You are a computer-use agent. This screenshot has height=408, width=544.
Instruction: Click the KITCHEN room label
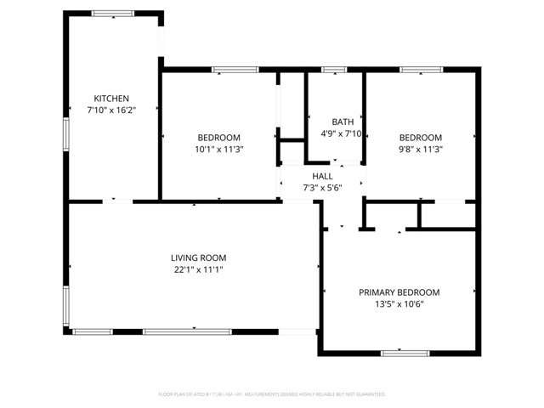tap(111, 99)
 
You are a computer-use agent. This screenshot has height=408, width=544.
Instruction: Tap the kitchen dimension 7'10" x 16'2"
tap(111, 110)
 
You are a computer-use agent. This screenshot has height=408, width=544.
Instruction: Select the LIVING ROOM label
tap(198, 258)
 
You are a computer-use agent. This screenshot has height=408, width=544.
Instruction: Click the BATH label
tap(343, 122)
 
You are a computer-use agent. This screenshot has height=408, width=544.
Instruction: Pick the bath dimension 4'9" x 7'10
tap(343, 133)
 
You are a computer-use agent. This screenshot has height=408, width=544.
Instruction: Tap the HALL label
tap(323, 176)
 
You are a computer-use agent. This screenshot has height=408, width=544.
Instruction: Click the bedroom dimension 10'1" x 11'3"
tap(218, 149)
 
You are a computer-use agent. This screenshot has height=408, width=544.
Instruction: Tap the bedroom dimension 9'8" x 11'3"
tap(421, 149)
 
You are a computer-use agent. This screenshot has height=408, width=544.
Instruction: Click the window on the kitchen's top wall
tap(112, 14)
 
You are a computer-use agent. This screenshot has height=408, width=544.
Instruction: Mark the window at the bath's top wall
tap(333, 69)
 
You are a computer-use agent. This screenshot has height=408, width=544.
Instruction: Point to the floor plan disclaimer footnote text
tap(272, 394)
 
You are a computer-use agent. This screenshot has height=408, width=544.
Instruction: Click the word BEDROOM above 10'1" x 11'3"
tap(218, 138)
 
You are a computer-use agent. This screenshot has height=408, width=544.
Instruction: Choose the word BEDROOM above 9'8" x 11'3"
tap(421, 138)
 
